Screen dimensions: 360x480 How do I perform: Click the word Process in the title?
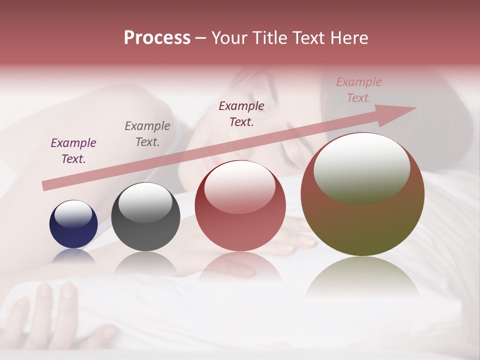[157, 38]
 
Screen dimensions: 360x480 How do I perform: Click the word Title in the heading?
[270, 38]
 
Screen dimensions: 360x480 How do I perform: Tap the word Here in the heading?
[348, 38]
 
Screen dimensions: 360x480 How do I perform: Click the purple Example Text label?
[73, 151]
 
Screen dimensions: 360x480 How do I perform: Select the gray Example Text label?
[147, 134]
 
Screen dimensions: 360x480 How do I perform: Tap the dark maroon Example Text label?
[241, 113]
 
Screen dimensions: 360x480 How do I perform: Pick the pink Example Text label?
[359, 90]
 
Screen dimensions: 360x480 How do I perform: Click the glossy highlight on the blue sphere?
[73, 214]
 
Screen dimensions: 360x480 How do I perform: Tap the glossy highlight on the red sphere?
[240, 187]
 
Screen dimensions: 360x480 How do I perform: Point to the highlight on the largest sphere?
[362, 169]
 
